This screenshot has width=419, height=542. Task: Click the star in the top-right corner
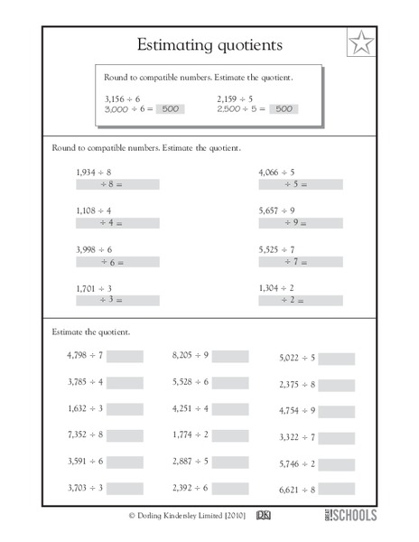coord(360,43)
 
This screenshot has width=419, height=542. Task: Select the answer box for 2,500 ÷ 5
coord(284,108)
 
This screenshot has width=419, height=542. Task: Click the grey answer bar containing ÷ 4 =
coord(117,222)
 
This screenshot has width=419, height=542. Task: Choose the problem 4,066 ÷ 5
coord(277,171)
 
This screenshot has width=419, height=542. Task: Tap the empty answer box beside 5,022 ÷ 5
coord(337,359)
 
